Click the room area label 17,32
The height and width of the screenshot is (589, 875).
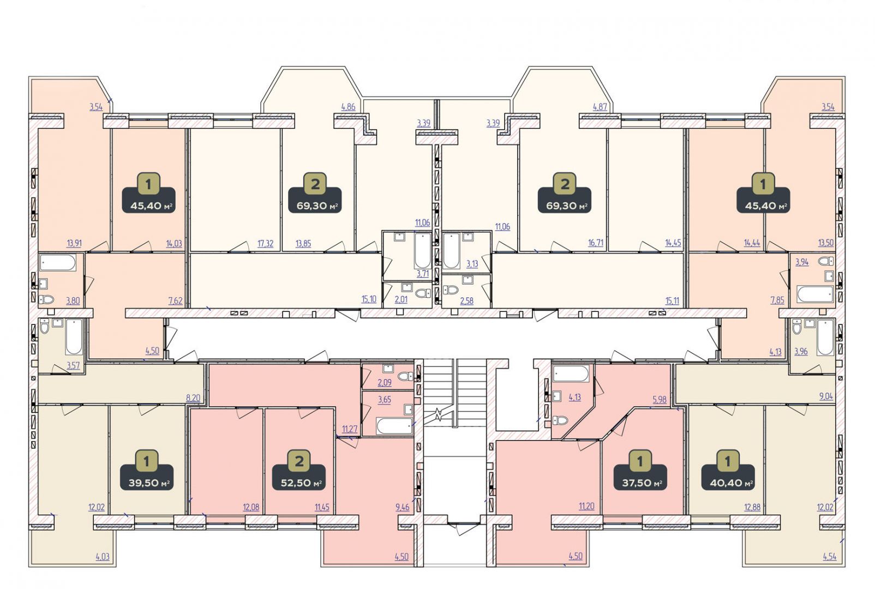click(x=265, y=244)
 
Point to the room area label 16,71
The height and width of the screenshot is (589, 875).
click(x=596, y=243)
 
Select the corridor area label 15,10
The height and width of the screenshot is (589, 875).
click(x=369, y=299)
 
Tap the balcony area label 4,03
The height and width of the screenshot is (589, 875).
click(x=103, y=557)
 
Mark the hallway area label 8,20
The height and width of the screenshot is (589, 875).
click(x=193, y=399)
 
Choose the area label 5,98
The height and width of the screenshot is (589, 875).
click(x=660, y=400)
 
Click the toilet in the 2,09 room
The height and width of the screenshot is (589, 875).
click(x=405, y=376)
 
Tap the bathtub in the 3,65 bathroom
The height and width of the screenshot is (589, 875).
click(x=394, y=426)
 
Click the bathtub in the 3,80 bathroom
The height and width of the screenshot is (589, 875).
click(x=58, y=263)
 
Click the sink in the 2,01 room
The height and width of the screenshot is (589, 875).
click(x=407, y=287)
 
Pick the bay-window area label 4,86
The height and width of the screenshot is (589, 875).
click(x=349, y=107)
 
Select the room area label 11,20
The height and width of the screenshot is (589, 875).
click(x=587, y=506)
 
